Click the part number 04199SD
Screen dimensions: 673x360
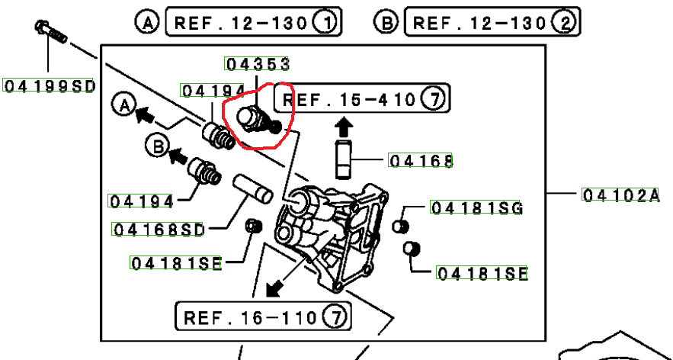49,86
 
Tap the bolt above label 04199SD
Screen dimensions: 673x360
50,31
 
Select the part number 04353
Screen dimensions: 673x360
257,64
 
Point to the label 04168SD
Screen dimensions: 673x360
159,230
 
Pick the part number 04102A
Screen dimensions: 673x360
620,195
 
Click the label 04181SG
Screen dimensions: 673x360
476,208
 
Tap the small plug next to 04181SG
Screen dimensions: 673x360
400,226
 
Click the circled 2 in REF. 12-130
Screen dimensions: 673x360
566,22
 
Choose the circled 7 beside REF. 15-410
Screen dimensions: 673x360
434,98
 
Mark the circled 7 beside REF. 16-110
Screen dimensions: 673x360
336,317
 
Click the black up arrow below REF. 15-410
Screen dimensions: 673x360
344,127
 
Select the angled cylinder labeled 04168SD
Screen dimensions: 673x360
253,188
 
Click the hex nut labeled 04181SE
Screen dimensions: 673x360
253,226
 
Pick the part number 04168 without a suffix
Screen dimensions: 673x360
420,161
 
